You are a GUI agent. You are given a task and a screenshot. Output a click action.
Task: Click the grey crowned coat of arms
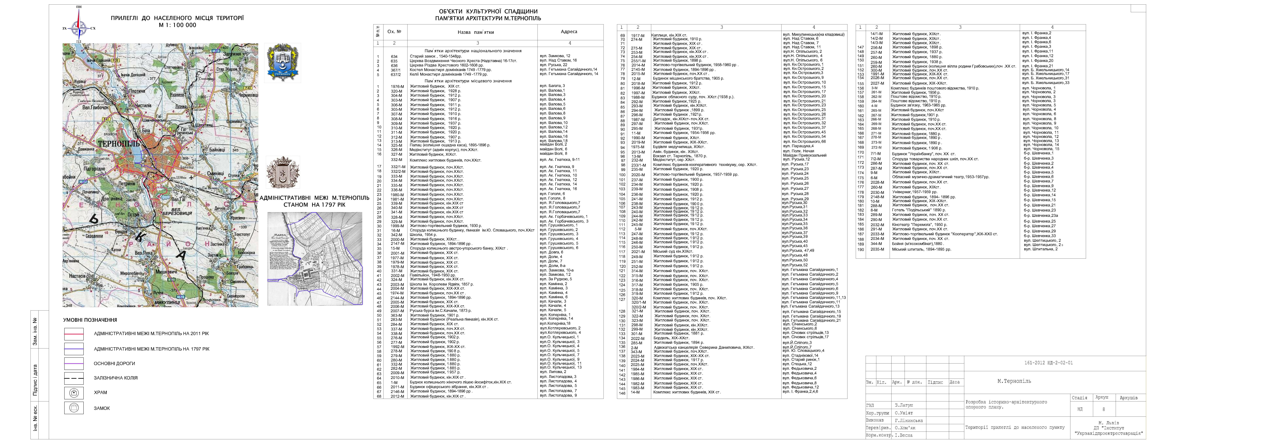point(283,172)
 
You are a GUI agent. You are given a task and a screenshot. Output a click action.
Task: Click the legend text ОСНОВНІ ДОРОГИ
point(114,364)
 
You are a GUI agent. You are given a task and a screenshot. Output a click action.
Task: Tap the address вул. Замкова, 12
point(555,56)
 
